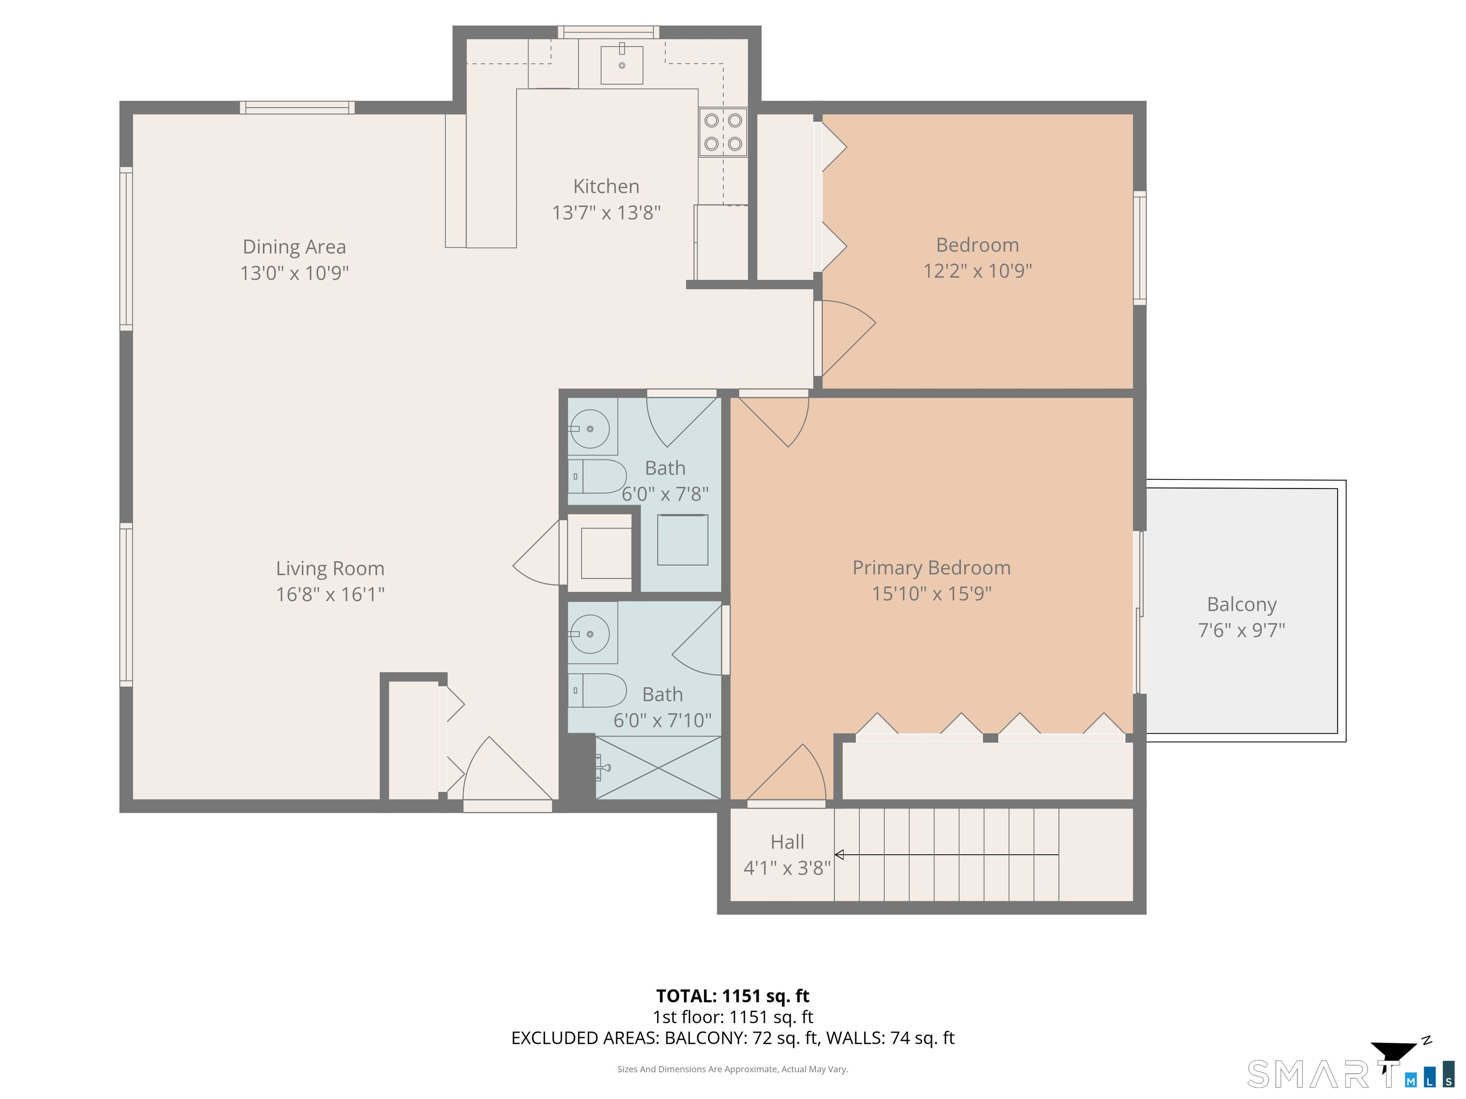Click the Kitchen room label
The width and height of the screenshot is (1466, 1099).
pyautogui.click(x=606, y=186)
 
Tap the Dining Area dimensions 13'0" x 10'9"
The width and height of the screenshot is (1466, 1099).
pyautogui.click(x=294, y=273)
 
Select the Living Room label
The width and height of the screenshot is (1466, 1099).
pyautogui.click(x=330, y=569)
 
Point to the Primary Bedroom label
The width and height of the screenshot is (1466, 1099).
pyautogui.click(x=931, y=568)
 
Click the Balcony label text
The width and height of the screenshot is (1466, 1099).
pyautogui.click(x=1241, y=604)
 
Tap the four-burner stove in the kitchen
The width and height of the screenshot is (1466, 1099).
pyautogui.click(x=723, y=132)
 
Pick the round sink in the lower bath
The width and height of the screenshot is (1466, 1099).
pyautogui.click(x=590, y=634)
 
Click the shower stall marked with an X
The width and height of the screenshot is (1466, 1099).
pyautogui.click(x=658, y=767)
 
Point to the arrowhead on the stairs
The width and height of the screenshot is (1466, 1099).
pyautogui.click(x=839, y=855)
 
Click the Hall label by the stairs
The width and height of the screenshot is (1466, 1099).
pyautogui.click(x=786, y=842)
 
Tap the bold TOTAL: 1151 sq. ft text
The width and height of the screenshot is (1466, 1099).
pyautogui.click(x=733, y=995)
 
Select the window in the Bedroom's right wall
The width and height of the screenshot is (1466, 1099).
pyautogui.click(x=1139, y=248)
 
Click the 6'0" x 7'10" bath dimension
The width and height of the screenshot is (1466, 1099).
pyautogui.click(x=662, y=720)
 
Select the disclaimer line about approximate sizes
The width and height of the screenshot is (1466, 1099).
pyautogui.click(x=733, y=1068)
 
